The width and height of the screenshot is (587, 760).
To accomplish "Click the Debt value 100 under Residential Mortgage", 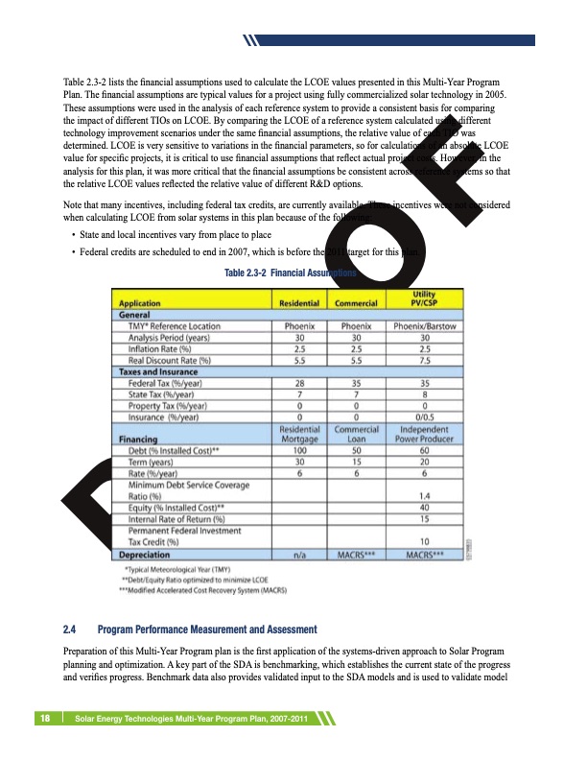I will [x=299, y=450].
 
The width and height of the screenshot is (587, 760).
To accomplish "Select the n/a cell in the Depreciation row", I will [x=299, y=554].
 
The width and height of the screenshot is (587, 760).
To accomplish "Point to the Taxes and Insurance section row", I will [x=159, y=370].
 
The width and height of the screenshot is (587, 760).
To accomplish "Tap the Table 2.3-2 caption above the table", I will [x=289, y=273].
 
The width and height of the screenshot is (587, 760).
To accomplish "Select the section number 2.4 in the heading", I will [x=69, y=629].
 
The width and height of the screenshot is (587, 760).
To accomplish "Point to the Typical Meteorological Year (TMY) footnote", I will [x=186, y=569].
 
